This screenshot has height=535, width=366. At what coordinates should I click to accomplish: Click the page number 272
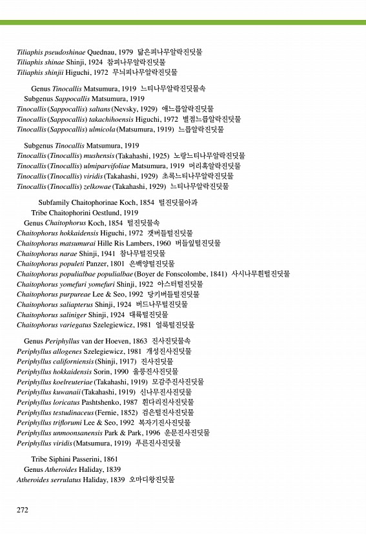[x=23, y=510]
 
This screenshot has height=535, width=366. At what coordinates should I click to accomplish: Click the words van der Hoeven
[x=104, y=340]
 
